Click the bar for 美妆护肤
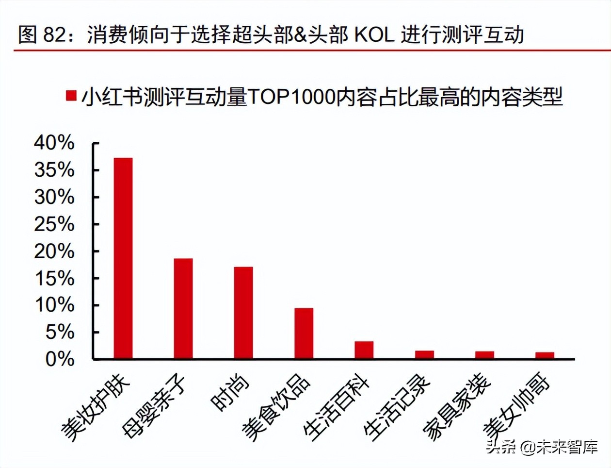pyautogui.click(x=123, y=258)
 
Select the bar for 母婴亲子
pyautogui.click(x=183, y=309)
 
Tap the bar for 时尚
pyautogui.click(x=243, y=313)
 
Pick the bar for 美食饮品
pyautogui.click(x=304, y=334)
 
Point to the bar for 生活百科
pyautogui.click(x=364, y=350)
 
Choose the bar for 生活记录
pyautogui.click(x=424, y=354)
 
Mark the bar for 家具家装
pyautogui.click(x=484, y=355)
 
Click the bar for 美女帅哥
pyautogui.click(x=545, y=355)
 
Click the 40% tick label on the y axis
pyautogui.click(x=54, y=143)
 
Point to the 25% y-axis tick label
pyautogui.click(x=54, y=224)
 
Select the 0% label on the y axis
pyautogui.click(x=60, y=360)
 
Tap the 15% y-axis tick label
pyautogui.click(x=54, y=278)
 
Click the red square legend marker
pyautogui.click(x=71, y=96)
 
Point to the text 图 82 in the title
pyautogui.click(x=41, y=35)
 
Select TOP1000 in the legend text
pyautogui.click(x=291, y=97)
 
